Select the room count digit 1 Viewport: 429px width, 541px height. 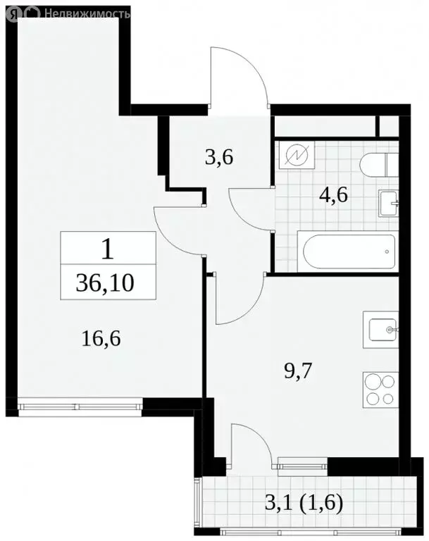(107, 249)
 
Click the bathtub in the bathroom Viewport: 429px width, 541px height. (344, 251)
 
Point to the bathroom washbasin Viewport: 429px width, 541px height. (390, 202)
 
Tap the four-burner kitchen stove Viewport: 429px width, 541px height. (381, 388)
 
